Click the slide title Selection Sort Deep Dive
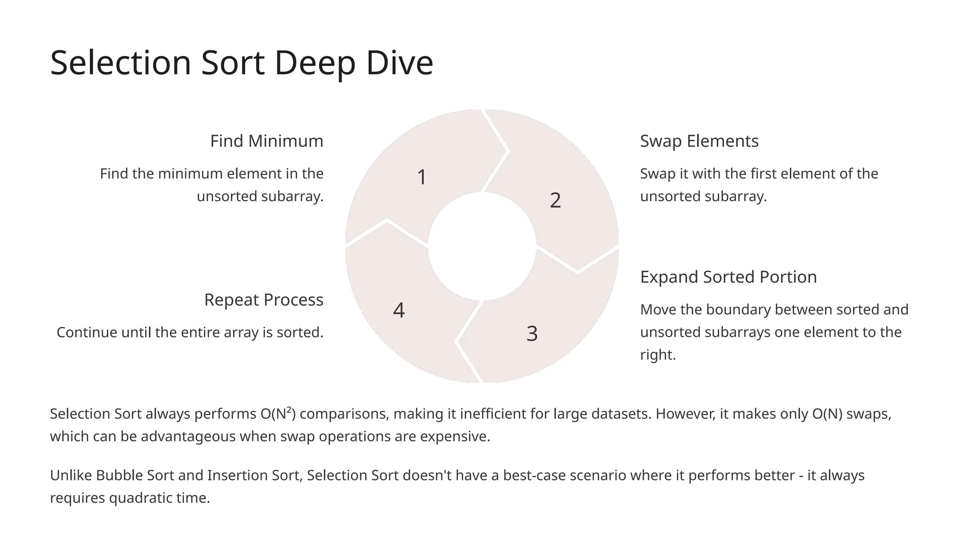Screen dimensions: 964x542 point(241,63)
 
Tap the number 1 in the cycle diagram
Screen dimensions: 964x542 point(422,177)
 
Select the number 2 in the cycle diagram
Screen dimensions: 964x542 point(555,200)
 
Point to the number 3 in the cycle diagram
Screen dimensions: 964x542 point(532,334)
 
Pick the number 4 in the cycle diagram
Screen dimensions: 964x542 point(399,311)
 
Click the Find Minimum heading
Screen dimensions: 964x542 point(266,141)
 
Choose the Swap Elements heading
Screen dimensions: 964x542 point(699,141)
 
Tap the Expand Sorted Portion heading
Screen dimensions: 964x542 point(728,277)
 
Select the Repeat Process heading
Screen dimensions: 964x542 point(264,300)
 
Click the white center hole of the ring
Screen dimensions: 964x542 point(482,246)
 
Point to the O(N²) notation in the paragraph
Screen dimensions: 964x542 point(278,414)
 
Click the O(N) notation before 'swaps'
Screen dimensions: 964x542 point(827,414)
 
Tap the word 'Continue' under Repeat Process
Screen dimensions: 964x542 point(87,333)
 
